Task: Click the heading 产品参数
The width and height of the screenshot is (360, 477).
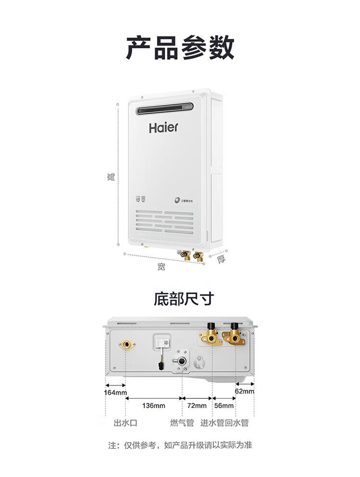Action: tap(180, 47)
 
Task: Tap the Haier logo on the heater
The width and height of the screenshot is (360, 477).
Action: tap(163, 127)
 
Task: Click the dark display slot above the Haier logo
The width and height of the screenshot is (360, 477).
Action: tap(165, 108)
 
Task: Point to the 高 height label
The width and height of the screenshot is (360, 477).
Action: tap(111, 177)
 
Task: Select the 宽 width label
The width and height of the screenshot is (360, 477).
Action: tap(161, 267)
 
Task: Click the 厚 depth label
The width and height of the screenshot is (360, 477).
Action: tap(221, 259)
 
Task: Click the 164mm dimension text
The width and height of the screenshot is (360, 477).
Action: tap(115, 393)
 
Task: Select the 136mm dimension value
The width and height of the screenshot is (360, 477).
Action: tap(154, 405)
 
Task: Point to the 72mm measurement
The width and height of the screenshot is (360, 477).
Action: tap(196, 405)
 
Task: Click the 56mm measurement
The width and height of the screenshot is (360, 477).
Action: tap(224, 405)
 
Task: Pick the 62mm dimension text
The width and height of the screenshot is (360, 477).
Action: tap(244, 391)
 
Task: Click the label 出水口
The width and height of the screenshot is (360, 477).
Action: tap(125, 423)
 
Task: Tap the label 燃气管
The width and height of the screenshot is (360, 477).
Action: tap(182, 423)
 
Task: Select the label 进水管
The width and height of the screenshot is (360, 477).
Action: tap(212, 423)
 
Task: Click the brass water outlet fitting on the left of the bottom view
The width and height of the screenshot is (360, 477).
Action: tap(126, 344)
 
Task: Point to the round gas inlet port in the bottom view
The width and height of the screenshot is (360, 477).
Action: tap(182, 361)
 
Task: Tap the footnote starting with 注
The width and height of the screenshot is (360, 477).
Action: tap(180, 445)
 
